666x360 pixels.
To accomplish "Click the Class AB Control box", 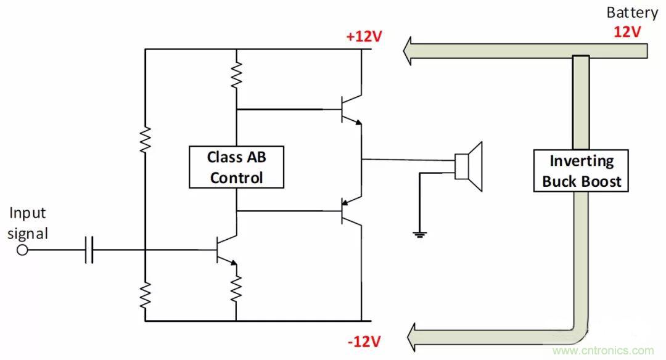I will tap(236, 167).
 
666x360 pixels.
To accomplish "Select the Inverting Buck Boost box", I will tap(582, 171).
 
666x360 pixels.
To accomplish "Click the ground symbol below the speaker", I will tap(420, 232).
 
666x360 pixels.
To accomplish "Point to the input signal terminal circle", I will tap(23, 250).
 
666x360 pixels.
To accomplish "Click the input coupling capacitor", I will tap(89, 250).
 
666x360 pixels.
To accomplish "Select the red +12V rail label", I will tap(364, 36).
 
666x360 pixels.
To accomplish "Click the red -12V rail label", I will tap(364, 341).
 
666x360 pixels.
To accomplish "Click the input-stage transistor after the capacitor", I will tap(226, 250).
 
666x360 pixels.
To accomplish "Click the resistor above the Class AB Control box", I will tap(236, 75).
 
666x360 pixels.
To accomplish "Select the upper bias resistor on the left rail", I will tap(146, 140).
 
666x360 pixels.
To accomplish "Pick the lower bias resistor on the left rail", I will tap(146, 294).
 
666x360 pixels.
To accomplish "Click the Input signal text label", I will tap(28, 223).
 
